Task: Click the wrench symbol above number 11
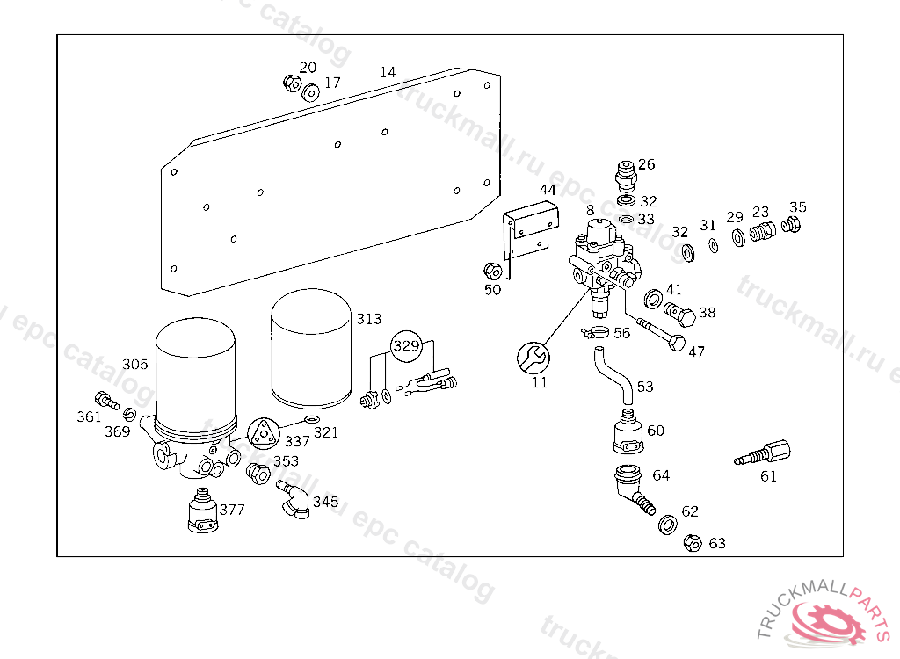click(x=533, y=357)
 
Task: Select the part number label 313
click(x=369, y=318)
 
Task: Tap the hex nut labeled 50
click(x=492, y=270)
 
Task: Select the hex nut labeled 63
click(x=692, y=543)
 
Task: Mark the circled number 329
click(x=406, y=345)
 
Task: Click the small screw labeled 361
click(x=106, y=400)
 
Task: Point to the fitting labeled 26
click(x=624, y=176)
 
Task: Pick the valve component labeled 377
click(x=204, y=512)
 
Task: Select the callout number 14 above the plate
click(x=388, y=72)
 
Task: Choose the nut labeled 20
click(x=290, y=83)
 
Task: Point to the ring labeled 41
click(x=653, y=298)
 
